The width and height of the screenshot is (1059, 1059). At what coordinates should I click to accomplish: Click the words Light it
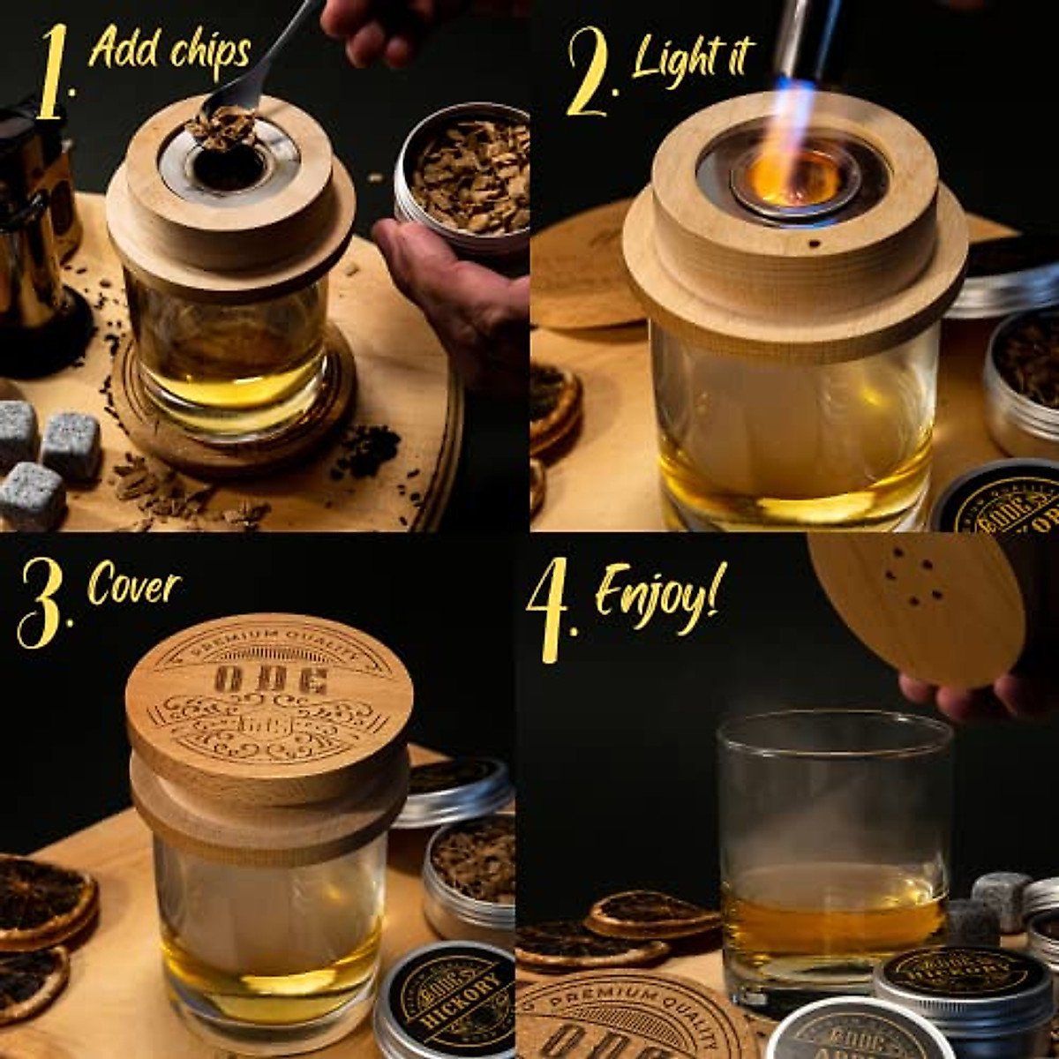point(692,57)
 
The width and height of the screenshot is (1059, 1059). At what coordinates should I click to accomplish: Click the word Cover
point(134,586)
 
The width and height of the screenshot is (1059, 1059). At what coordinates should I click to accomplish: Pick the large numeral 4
point(552,609)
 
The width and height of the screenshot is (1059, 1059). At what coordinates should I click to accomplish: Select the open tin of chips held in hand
point(463,176)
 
